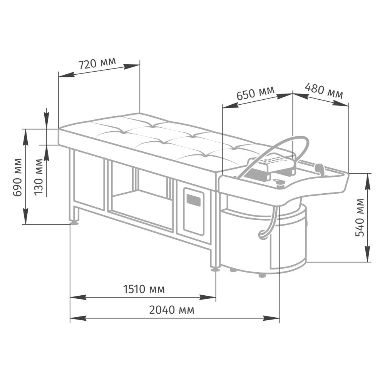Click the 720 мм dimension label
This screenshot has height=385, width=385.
coord(97,63)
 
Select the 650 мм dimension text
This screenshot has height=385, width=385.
coord(255,93)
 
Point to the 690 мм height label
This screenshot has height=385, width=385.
coord(17,177)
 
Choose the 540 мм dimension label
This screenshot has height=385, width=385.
coord(360,218)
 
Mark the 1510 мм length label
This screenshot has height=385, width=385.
coord(144,289)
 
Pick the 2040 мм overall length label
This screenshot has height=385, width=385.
coord(172,310)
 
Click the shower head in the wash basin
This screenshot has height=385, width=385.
coord(320,169)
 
